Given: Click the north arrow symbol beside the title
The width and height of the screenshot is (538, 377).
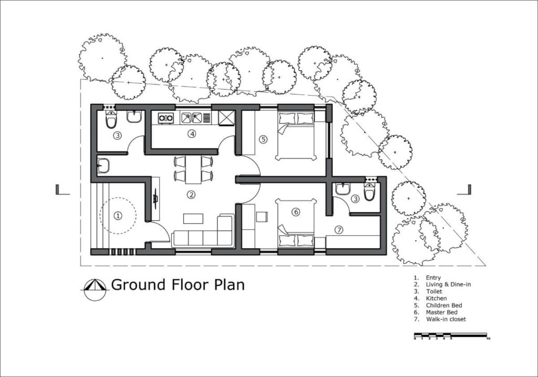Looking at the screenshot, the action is tap(95, 289).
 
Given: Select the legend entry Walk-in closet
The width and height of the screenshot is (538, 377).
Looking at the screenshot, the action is tap(446, 319).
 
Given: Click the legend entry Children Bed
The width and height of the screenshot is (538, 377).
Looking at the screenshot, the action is tap(443, 306).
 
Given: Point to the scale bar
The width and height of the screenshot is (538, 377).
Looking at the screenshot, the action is tap(451, 335).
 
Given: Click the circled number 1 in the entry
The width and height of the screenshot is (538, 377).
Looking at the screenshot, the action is tap(118, 216).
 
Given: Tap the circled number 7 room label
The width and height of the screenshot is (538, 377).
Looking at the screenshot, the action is tap(339, 230).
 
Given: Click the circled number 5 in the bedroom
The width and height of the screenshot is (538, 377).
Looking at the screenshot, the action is tap(263, 139).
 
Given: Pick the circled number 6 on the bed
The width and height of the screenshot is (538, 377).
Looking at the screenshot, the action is tap(295, 212).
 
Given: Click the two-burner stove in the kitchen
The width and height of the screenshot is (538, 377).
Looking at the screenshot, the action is tap(165, 118).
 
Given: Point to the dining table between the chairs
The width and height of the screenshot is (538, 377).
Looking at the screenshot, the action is tap(193, 169).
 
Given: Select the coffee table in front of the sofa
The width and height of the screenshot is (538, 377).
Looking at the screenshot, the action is tap(193, 219).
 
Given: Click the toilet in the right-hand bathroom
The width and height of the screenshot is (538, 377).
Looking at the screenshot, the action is tap(369, 191).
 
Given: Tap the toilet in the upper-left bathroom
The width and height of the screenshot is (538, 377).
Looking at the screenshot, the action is tap(111, 119).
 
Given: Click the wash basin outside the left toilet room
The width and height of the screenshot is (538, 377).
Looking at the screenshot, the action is tap(103, 165).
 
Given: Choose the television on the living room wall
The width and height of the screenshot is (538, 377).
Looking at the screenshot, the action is tap(156, 199).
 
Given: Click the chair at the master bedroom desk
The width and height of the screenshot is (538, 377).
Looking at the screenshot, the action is tap(262, 217).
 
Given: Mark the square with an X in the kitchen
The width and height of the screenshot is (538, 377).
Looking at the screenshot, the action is tap(226, 118).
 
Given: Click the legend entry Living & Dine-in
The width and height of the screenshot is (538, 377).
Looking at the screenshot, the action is tap(448, 285).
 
